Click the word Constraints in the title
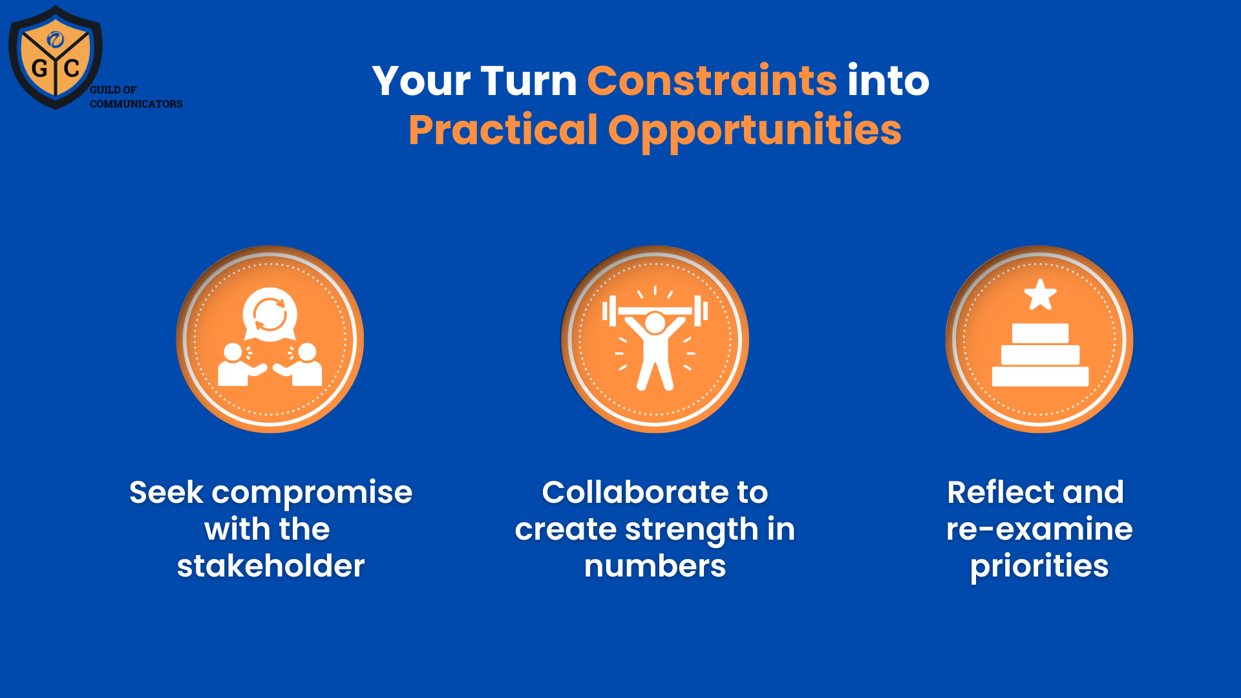[x=712, y=81]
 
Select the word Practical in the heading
[x=503, y=130]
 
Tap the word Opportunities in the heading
[x=754, y=130]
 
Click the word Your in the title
[x=421, y=81]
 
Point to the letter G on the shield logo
[x=39, y=69]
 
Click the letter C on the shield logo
[x=72, y=68]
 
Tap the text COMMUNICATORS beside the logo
[x=136, y=104]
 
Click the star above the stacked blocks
[x=1040, y=295]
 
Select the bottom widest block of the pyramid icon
[x=1040, y=376]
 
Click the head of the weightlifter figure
[x=655, y=323]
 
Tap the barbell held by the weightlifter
[x=655, y=311]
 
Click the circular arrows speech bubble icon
[x=270, y=314]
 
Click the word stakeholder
[x=271, y=566]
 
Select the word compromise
[x=312, y=492]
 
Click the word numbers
[x=655, y=566]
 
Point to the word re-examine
[x=1039, y=529]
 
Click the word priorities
[x=1039, y=566]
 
